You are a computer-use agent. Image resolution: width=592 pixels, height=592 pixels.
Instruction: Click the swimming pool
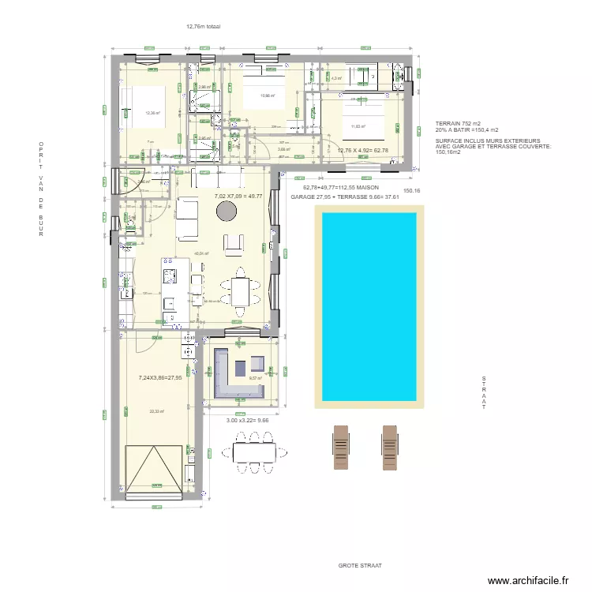click(368, 306)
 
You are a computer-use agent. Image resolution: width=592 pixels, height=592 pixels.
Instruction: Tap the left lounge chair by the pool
click(340, 445)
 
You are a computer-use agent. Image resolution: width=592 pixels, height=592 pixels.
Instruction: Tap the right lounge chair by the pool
click(389, 445)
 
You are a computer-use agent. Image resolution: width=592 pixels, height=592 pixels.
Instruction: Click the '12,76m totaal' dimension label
click(203, 26)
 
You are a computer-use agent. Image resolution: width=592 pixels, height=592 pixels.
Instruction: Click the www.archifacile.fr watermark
click(528, 581)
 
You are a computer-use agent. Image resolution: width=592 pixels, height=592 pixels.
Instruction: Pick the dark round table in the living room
click(227, 210)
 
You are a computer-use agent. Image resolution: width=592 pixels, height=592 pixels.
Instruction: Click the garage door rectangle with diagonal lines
click(155, 470)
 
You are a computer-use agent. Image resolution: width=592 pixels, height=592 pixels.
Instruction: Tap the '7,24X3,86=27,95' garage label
click(160, 377)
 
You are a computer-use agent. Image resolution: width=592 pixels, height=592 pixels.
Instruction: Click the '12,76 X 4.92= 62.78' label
click(363, 150)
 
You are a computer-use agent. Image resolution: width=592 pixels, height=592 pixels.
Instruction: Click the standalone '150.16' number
click(413, 190)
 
